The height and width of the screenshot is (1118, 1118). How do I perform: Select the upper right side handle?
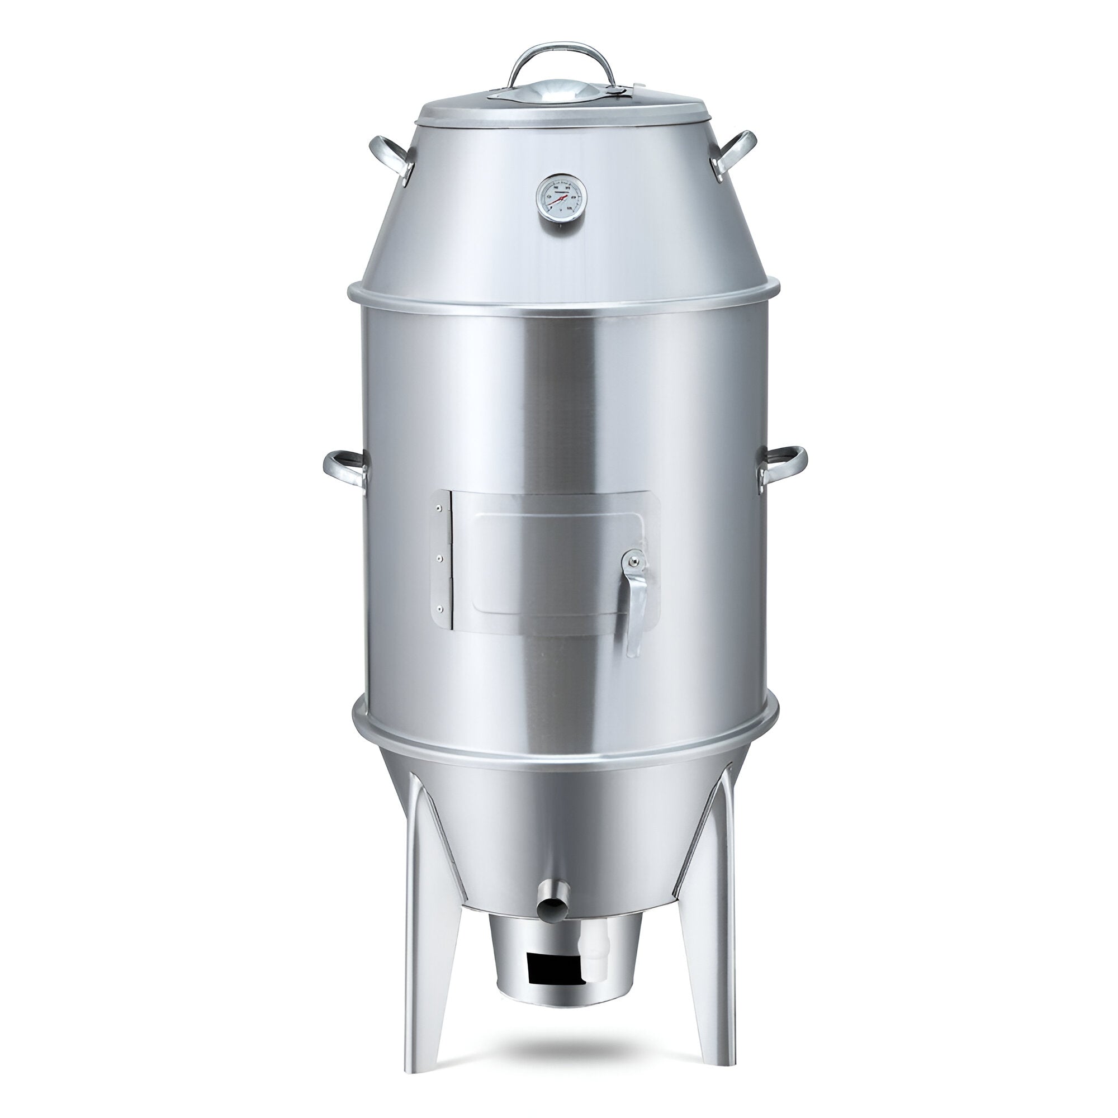click(x=734, y=151)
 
